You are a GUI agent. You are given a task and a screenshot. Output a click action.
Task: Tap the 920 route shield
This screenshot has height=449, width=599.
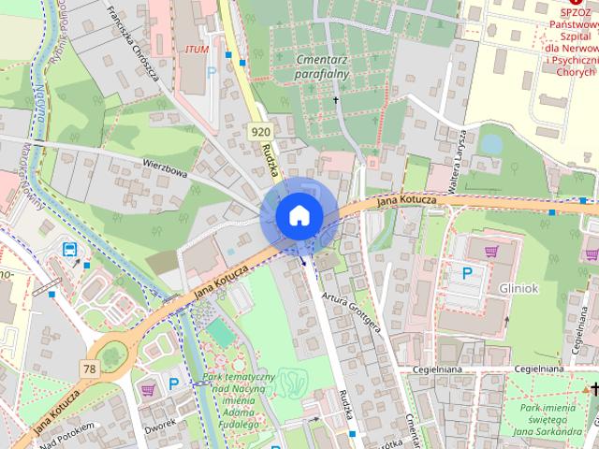(x=260, y=132)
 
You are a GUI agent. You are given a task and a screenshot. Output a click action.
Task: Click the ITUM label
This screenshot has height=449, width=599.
(x=197, y=49)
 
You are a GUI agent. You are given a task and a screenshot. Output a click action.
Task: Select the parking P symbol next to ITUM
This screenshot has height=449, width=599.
(x=212, y=71)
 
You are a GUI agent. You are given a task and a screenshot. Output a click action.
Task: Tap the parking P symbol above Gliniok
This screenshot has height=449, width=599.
(x=467, y=273)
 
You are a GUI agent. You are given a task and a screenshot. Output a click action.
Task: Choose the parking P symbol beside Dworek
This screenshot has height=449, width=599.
(x=173, y=383)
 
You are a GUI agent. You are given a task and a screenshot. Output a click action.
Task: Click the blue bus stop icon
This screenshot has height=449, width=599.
(x=70, y=249)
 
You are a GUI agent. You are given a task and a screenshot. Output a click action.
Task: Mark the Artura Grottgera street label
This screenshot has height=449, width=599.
(x=351, y=311)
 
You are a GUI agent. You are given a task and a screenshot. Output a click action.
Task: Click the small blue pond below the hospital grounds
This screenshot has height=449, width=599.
(x=490, y=144)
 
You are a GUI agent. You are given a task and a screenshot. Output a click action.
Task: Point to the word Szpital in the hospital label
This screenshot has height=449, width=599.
(x=565, y=33)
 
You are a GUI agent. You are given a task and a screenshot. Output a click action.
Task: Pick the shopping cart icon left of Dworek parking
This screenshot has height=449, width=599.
(x=147, y=388)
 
